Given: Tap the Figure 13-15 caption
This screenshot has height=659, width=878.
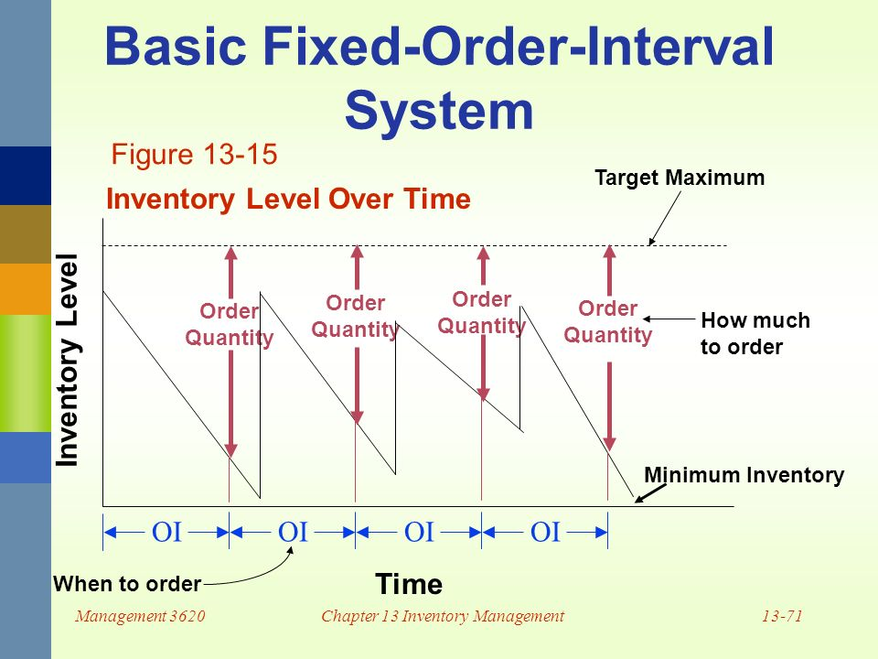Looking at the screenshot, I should pos(193,155).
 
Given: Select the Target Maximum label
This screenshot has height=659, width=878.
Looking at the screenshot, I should pos(679,178).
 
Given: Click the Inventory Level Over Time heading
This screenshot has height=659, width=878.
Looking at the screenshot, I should pos(288,200).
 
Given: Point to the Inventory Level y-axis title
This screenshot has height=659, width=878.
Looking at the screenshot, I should pos(69,361).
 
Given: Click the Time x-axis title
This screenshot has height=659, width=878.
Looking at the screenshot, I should pos(408,584).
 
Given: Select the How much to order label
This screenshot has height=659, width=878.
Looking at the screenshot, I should pos(755,334).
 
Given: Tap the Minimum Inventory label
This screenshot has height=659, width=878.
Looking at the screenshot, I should pos(744,474).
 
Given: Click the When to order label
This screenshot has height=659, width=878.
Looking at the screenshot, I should pos(127,582).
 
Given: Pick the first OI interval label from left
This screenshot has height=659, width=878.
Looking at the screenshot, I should pos(166,532).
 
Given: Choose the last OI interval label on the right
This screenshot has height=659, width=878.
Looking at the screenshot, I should pos(545,532).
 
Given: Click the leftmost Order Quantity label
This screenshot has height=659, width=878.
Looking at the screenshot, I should pos(229,325).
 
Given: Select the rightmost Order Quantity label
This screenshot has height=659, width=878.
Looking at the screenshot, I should pos(607,322).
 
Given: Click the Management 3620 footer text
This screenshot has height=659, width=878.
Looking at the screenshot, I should pos(139,616).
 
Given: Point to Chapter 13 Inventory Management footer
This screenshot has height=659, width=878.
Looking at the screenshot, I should pos(443,616).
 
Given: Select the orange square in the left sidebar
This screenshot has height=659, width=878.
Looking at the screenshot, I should pos(25,288).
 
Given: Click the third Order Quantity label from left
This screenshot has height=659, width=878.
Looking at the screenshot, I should pos(481,313).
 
